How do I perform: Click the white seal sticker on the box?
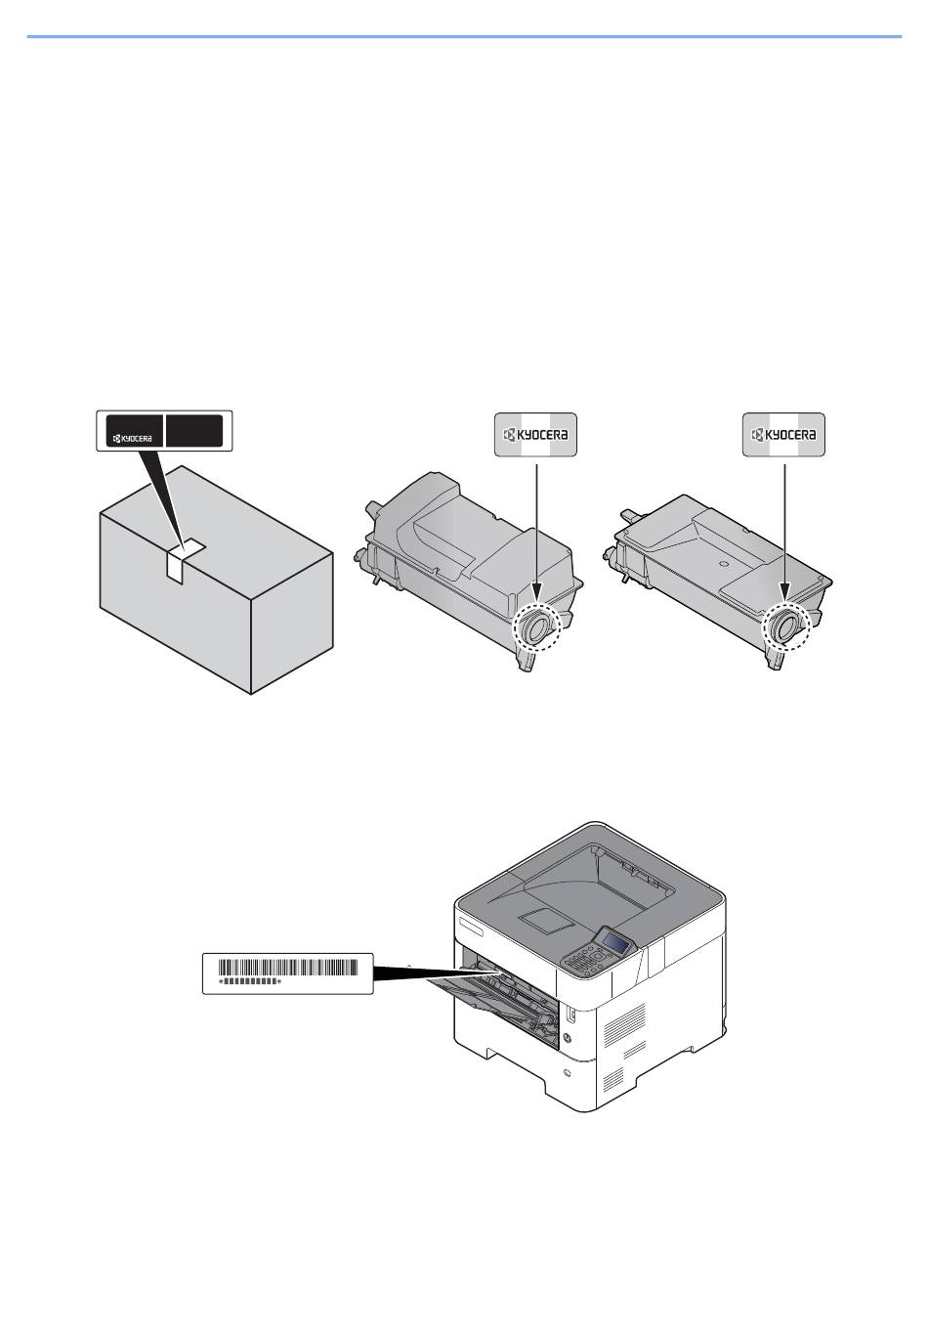183,561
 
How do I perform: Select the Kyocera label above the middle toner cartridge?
535,434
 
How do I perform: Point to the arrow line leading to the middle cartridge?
535,528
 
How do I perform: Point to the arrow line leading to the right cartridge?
784,528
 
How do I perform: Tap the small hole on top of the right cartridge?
723,564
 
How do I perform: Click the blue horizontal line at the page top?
464,37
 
